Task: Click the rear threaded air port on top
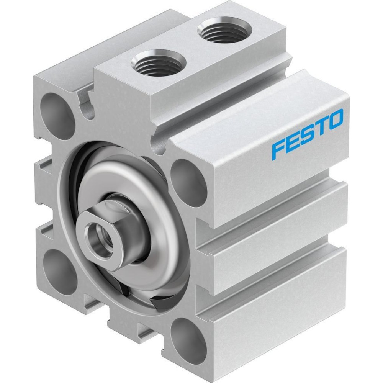(x=225, y=30)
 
